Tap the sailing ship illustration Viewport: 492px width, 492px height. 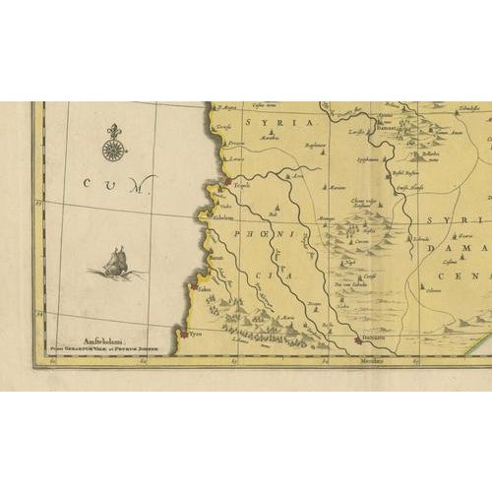click(x=116, y=263)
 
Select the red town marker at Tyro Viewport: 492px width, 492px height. click(x=182, y=335)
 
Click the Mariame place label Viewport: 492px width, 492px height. click(x=340, y=186)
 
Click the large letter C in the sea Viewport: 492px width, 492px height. click(x=88, y=181)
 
